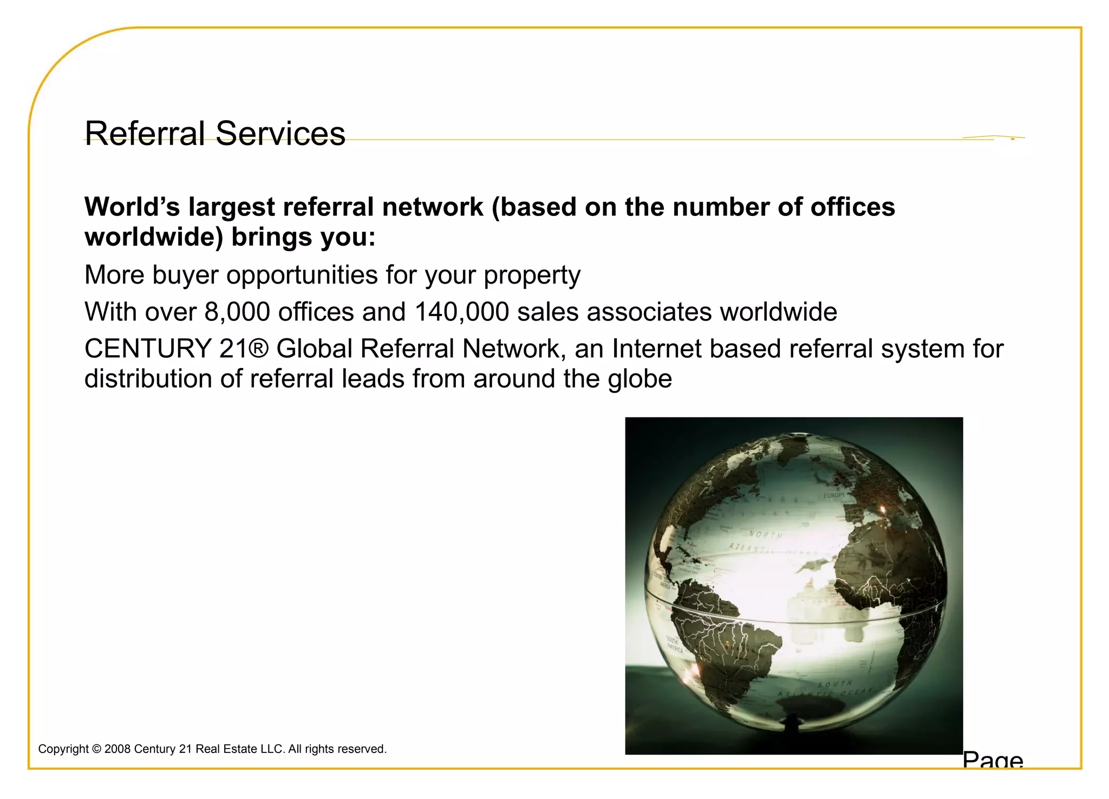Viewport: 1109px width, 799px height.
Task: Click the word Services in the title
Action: click(x=280, y=133)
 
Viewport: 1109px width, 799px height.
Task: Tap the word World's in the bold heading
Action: click(x=132, y=207)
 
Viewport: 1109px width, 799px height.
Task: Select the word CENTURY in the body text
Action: click(x=147, y=349)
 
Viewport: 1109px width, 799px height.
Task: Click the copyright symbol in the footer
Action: click(x=97, y=749)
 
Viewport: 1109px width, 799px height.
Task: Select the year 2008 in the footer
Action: click(x=117, y=749)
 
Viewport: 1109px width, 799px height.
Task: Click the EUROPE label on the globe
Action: click(x=834, y=495)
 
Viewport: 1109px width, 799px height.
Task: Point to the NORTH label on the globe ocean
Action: click(x=765, y=535)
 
